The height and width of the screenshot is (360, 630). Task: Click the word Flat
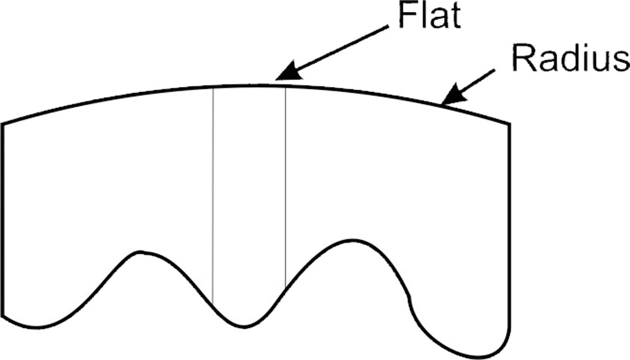(430, 15)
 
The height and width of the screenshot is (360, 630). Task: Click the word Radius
(571, 59)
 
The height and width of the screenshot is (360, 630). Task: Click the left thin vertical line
(213, 195)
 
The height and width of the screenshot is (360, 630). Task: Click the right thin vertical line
(285, 187)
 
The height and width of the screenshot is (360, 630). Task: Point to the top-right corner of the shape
(510, 124)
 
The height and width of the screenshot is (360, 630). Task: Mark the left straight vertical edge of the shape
(3, 219)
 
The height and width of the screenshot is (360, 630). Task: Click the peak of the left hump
(140, 252)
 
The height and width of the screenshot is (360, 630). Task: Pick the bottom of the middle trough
(243, 327)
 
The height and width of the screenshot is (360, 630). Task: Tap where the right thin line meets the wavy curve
(285, 288)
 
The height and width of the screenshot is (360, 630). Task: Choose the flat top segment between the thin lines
(249, 85)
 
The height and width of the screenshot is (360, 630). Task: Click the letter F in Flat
(407, 15)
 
